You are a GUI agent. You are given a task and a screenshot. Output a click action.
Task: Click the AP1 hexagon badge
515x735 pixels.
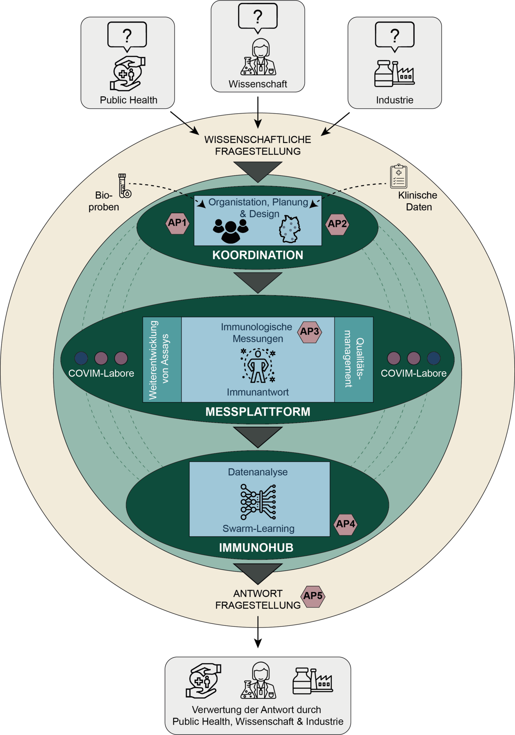178,223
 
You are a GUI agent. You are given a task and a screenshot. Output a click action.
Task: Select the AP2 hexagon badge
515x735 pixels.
337,224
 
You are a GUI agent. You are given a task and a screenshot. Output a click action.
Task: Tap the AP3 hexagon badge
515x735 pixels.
310,332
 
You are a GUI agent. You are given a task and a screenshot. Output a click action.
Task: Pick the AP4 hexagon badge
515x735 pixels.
346,524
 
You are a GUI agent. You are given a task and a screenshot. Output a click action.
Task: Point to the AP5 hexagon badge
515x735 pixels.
313,596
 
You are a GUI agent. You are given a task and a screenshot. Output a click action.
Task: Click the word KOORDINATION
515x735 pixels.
258,255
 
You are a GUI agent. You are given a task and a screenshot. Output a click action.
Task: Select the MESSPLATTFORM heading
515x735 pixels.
258,411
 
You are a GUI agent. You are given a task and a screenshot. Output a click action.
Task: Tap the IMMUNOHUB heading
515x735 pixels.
256,548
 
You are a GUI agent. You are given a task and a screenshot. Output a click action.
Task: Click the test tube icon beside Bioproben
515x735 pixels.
124,186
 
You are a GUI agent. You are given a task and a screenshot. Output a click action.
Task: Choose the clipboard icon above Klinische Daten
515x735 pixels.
399,176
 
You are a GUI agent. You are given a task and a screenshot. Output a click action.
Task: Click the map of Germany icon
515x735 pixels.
290,229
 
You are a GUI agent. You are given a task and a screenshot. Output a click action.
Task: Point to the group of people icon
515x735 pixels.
231,231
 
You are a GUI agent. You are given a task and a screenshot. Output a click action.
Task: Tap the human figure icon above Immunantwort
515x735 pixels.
258,366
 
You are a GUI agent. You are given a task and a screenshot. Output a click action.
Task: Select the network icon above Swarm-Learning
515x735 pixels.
258,502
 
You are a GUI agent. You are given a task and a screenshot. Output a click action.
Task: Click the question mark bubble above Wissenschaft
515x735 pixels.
258,18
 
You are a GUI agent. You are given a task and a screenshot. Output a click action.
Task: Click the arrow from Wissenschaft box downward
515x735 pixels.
258,112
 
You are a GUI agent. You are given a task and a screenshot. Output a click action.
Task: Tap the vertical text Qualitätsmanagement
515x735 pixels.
354,359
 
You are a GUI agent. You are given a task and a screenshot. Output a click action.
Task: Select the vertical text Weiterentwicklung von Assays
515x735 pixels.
159,360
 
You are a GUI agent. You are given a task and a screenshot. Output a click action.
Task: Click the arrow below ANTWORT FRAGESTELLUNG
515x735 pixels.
258,632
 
